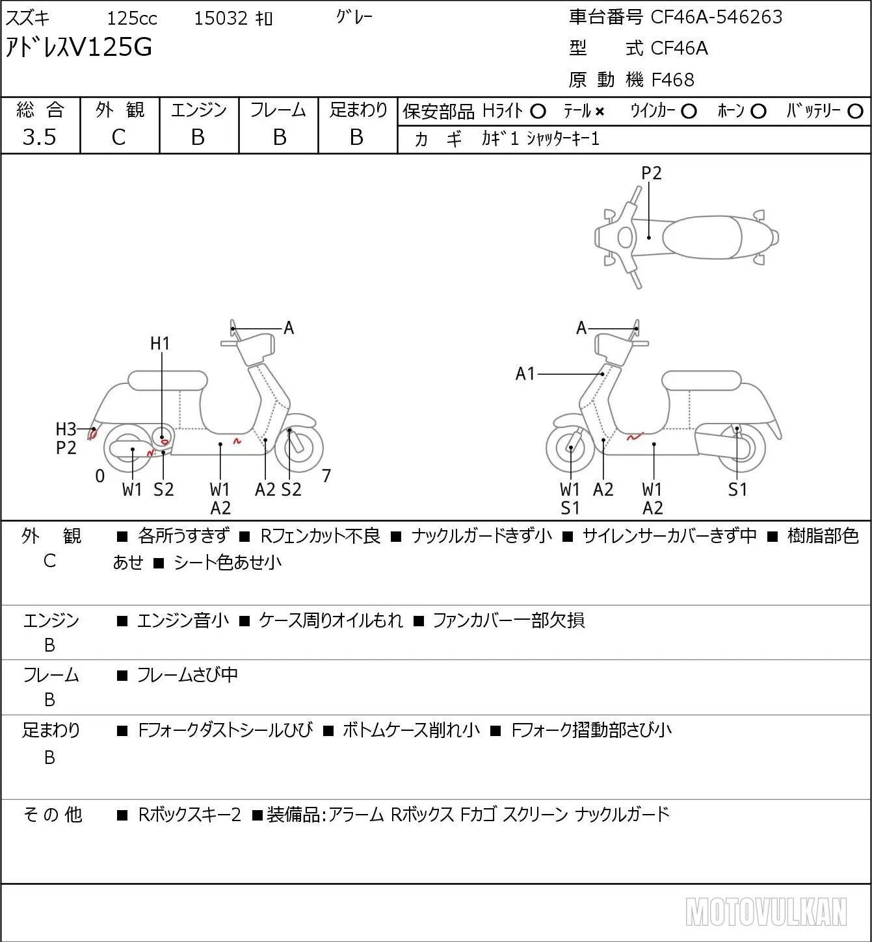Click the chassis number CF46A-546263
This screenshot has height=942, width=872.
pos(716,17)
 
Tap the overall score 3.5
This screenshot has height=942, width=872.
pos(40,137)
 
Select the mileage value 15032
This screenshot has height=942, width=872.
pos(221,18)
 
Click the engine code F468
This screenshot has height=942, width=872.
pos(673,80)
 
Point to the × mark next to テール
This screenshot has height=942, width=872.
pos(600,112)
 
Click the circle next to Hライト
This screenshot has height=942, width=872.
pos(538,112)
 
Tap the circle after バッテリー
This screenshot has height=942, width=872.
pos(855,112)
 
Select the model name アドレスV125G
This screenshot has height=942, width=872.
pos(79,47)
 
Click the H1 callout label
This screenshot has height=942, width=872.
pos(159,344)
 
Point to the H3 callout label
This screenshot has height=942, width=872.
pos(66,429)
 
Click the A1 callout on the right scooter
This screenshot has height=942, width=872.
pos(525,374)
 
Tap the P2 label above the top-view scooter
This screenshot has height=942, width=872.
pos(651,173)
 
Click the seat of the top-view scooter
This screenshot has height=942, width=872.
pos(702,237)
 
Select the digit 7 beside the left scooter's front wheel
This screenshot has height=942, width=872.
pos(326,476)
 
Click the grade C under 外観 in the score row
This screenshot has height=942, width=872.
pos(119,138)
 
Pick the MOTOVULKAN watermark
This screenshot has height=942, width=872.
pos(766,911)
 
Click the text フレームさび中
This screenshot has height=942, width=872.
pos(187,674)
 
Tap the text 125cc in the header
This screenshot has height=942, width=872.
pos(132,18)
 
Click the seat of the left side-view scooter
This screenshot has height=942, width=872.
pos(168,381)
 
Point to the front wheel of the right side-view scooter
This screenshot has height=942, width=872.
pos(570,448)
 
